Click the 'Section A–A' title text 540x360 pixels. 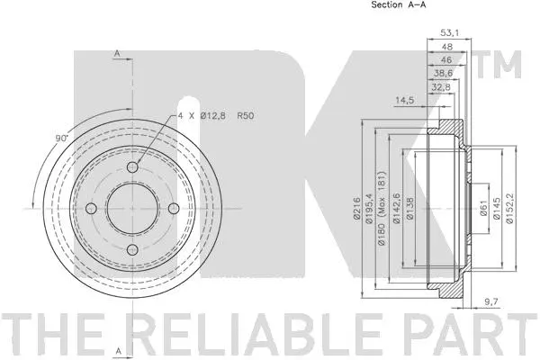click(x=400, y=5)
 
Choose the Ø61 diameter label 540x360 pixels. click(x=482, y=209)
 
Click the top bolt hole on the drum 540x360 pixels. click(x=133, y=169)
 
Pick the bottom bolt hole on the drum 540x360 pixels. click(x=133, y=249)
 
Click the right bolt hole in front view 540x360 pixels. click(x=173, y=210)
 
